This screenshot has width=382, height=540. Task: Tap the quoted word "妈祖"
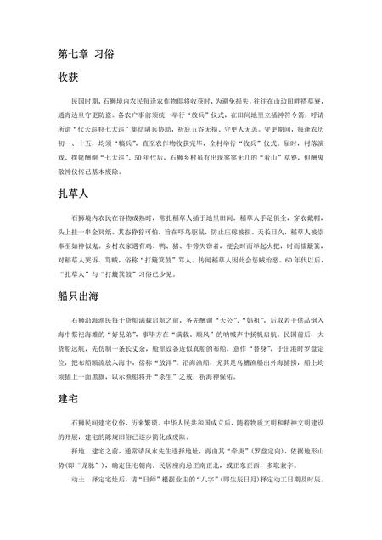tap(267, 323)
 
